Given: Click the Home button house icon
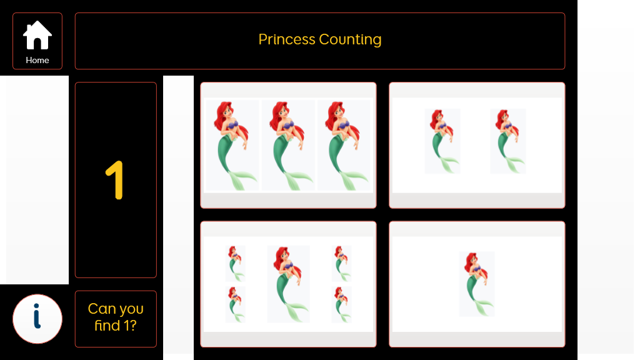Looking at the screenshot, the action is point(37,35).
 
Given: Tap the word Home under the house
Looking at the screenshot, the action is point(37,61).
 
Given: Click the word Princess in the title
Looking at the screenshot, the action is point(287,39).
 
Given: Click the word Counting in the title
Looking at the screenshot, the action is point(350,39).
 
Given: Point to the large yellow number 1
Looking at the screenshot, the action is point(115,180).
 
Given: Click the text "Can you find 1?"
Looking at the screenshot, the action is point(116,317).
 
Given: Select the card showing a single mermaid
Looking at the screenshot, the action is point(477,284).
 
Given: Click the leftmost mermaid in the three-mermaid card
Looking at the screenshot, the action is point(232,145).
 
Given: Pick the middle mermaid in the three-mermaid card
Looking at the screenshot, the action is point(288,145).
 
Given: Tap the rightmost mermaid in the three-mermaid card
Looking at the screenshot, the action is point(344,145).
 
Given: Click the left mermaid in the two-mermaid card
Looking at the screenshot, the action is point(442,141).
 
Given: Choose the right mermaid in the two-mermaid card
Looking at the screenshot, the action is point(507,141).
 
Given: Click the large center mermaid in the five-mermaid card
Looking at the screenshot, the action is point(288,284).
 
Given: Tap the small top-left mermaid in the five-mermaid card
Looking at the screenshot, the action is point(235,264).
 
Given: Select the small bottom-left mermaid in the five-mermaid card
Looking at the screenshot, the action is point(235,304).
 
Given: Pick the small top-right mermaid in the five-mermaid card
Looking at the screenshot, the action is point(342,264).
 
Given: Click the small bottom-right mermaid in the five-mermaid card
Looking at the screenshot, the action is point(342,304).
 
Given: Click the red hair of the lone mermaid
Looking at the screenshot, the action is point(472,261).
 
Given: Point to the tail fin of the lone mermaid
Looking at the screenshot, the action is point(485,307).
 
